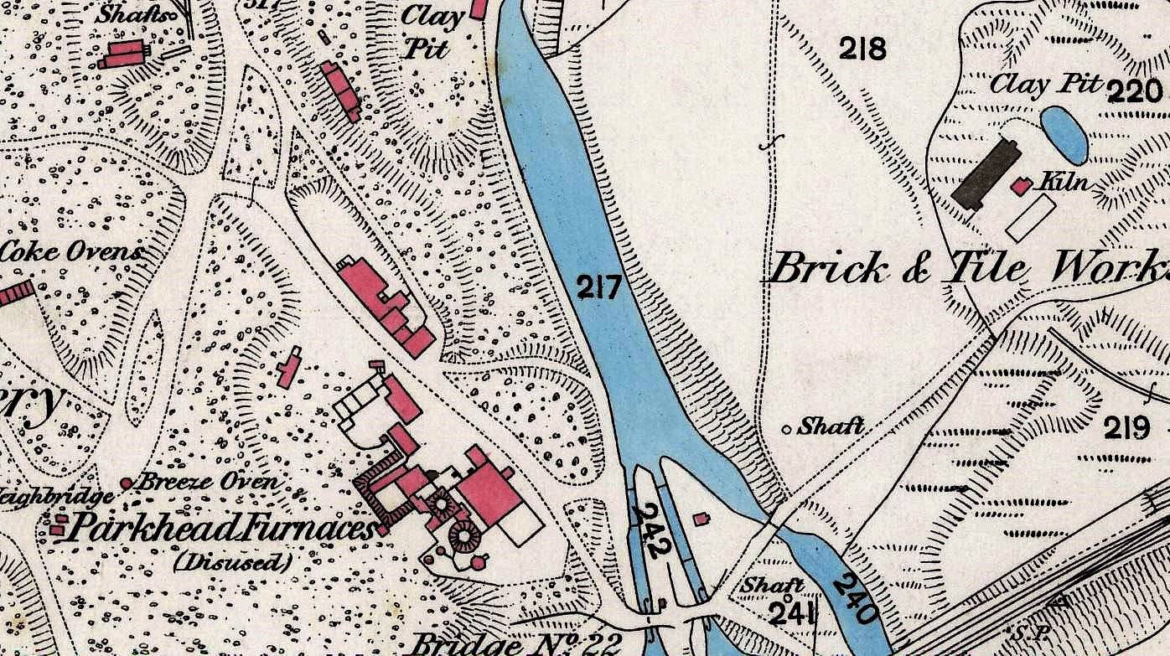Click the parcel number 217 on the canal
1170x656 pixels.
[601, 288]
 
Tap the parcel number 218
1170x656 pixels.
[862, 49]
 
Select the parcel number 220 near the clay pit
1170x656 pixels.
[1135, 90]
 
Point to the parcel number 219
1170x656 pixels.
[1126, 429]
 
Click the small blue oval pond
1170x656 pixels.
[1064, 134]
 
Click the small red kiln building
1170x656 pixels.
[1020, 186]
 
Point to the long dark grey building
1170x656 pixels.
[986, 174]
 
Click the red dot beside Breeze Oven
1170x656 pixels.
[127, 483]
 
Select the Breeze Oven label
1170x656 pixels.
[206, 483]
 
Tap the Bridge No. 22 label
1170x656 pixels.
[516, 643]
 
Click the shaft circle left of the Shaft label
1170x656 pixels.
[786, 429]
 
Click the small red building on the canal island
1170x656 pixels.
[701, 519]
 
